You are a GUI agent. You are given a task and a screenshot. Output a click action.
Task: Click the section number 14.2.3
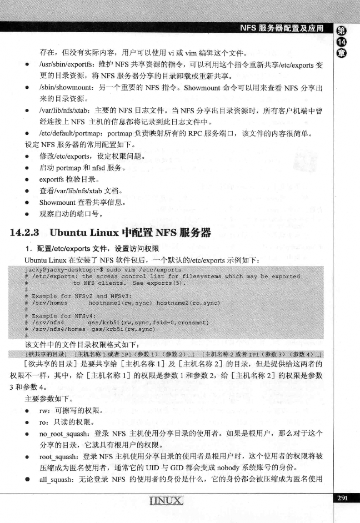pyautogui.click(x=28, y=233)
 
